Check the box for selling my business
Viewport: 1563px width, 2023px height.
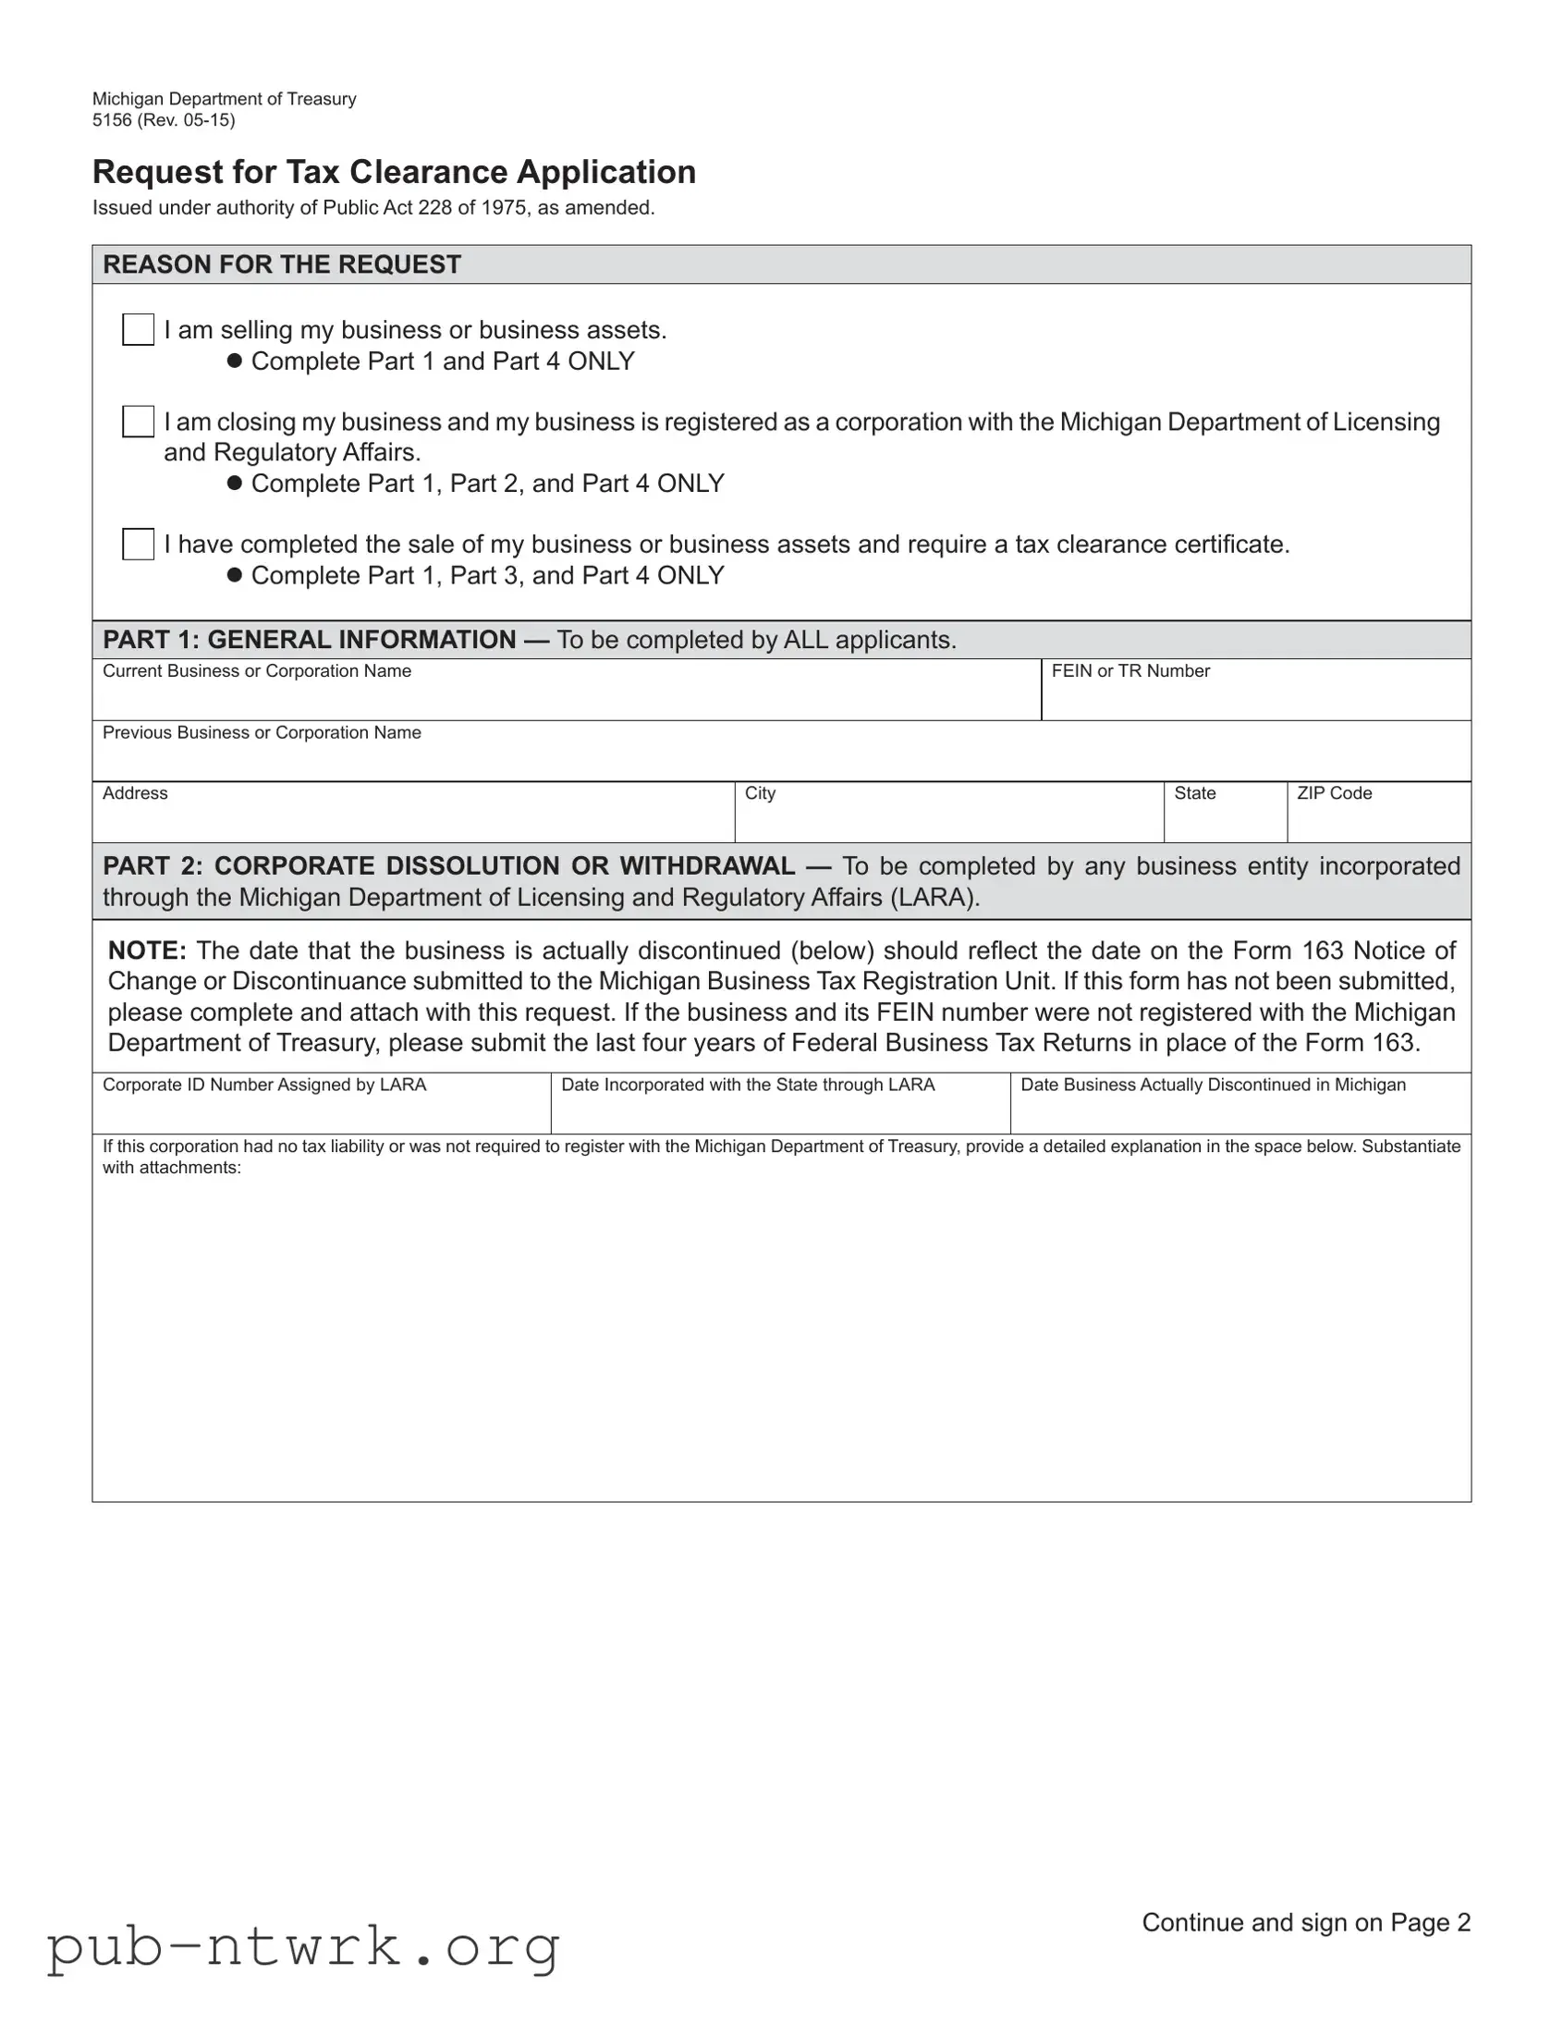(138, 330)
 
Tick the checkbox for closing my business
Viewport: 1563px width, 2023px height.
(138, 422)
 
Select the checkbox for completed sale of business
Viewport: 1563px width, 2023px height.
(138, 544)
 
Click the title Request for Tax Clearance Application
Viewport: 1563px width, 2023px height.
(394, 172)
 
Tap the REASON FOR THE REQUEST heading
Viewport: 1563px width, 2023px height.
(282, 265)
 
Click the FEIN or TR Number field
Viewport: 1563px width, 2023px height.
(1254, 696)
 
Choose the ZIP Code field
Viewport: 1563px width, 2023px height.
(1378, 819)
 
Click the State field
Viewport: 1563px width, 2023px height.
(1224, 819)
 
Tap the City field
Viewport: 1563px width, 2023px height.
(948, 819)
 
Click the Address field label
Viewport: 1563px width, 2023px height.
(135, 794)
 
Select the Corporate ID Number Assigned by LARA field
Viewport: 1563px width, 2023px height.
(321, 1110)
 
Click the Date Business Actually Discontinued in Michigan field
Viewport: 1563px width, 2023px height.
(1239, 1110)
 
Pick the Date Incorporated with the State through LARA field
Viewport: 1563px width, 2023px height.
(779, 1110)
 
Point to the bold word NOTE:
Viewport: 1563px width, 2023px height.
(147, 950)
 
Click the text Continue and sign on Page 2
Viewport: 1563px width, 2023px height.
(1306, 1922)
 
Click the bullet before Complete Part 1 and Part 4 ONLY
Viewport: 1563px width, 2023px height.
(234, 362)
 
